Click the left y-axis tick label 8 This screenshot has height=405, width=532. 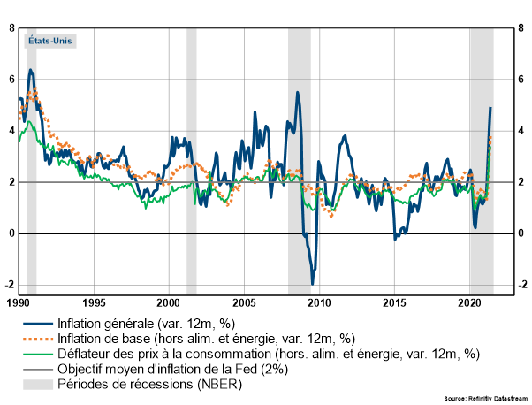[x=11, y=28]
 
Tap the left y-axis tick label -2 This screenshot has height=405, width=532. [x=9, y=285]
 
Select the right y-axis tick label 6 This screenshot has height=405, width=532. [x=521, y=80]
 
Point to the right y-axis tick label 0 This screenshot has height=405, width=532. [x=521, y=233]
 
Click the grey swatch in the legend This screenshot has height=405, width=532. [x=36, y=384]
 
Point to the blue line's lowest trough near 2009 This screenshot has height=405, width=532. [x=312, y=283]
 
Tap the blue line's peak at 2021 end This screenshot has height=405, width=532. [x=490, y=108]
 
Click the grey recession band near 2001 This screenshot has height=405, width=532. [x=191, y=159]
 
